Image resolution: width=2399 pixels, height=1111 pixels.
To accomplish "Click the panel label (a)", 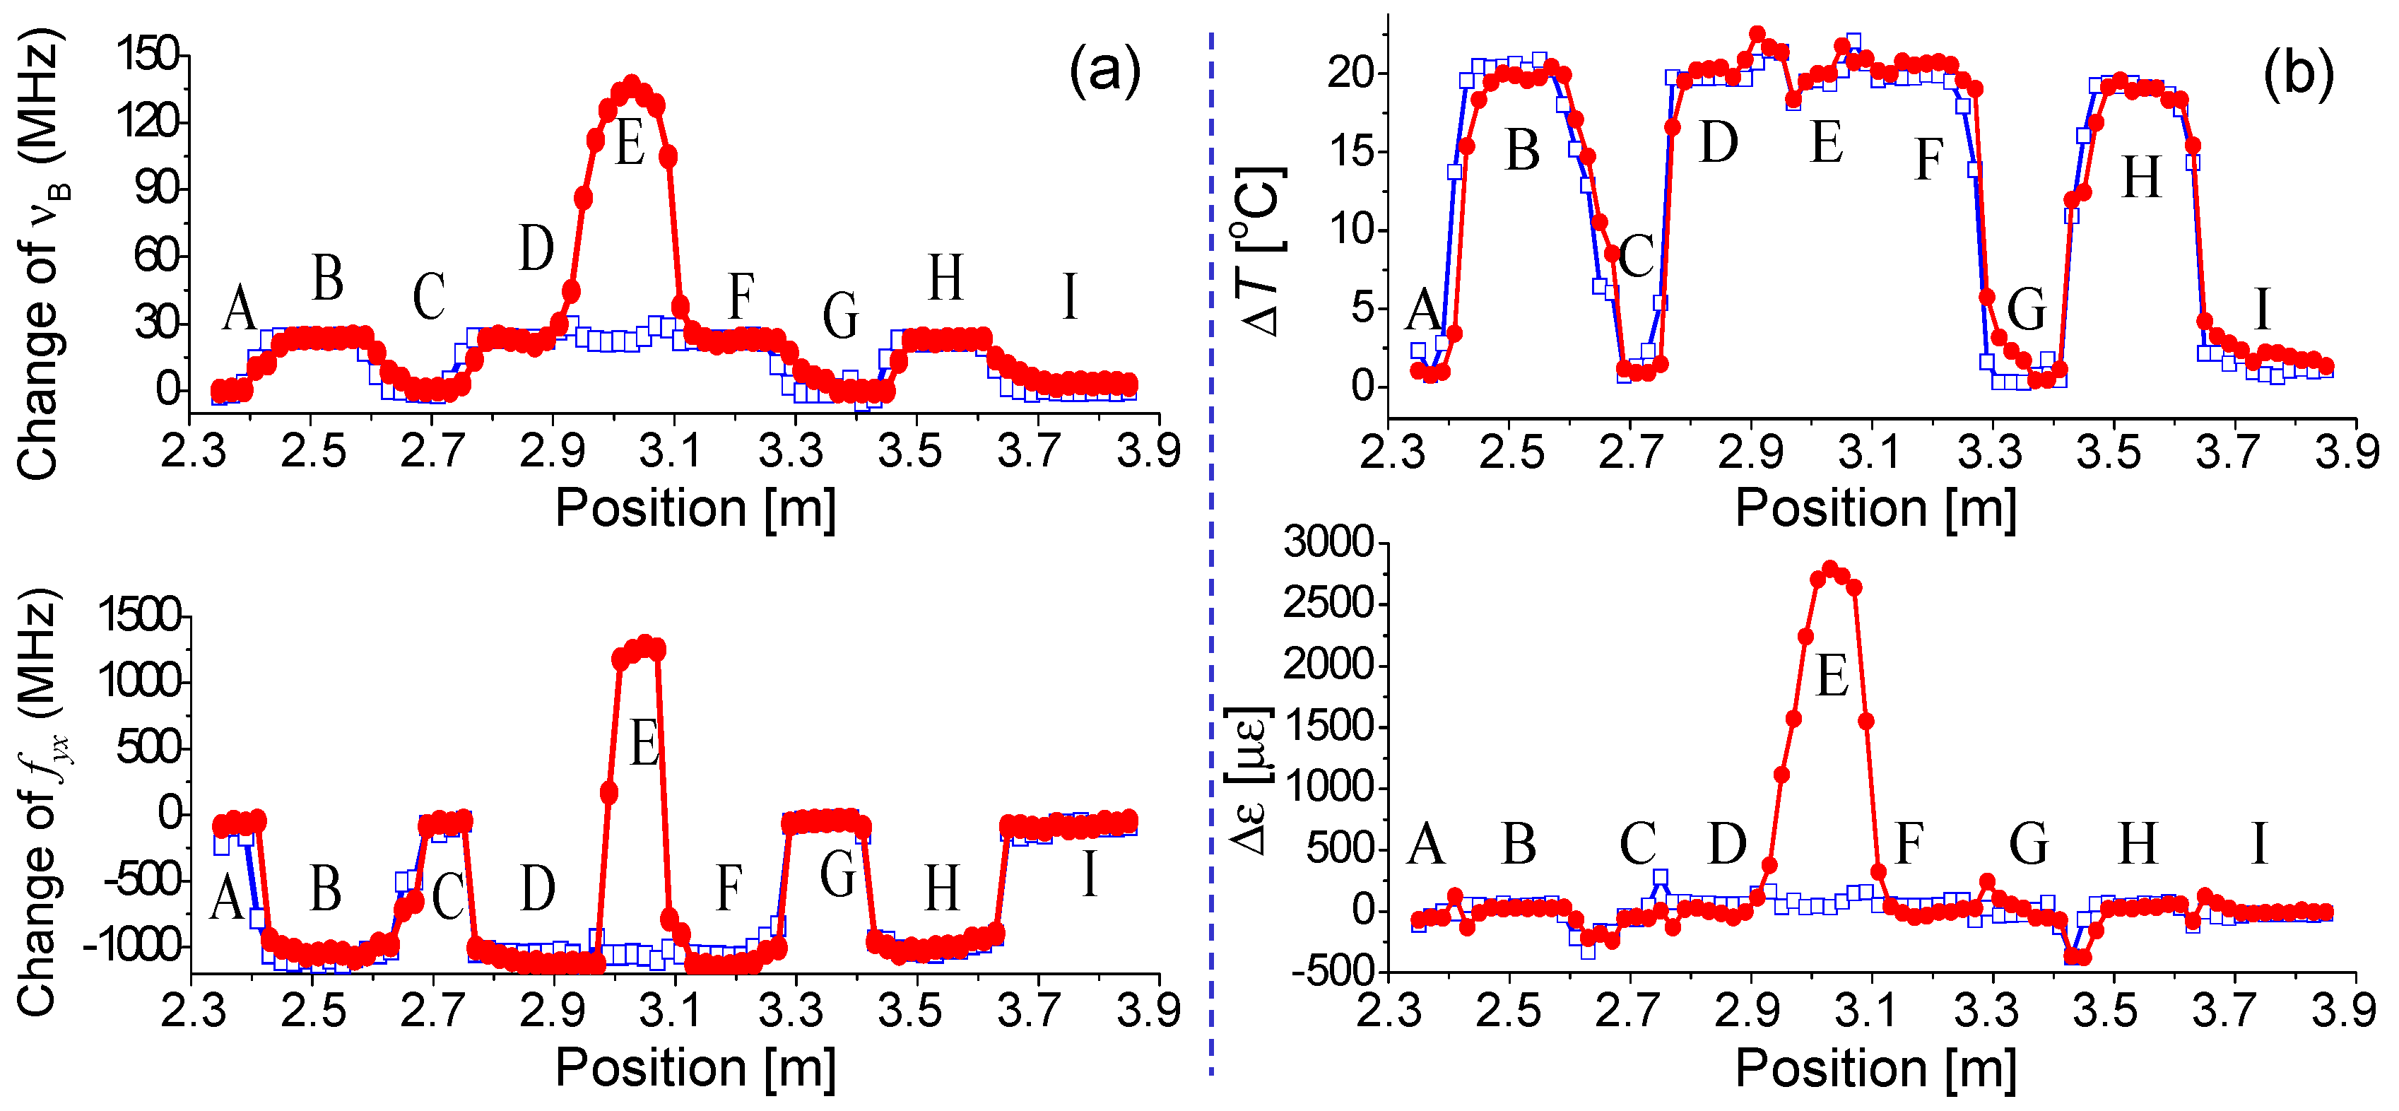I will pos(1104,73).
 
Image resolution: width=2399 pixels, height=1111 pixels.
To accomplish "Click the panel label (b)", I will pos(2297,73).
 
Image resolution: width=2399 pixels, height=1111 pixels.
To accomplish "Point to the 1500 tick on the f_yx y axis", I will pos(140,616).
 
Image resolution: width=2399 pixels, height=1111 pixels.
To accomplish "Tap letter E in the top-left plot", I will pos(630,146).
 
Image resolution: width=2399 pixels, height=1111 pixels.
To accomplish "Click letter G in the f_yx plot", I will pos(838,876).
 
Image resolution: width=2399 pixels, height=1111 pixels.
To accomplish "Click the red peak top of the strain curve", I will pos(1829,568).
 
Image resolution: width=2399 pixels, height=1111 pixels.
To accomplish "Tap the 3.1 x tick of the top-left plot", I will pos(671,452).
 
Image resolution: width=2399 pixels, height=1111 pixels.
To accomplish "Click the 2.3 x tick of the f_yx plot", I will pos(193,1011).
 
